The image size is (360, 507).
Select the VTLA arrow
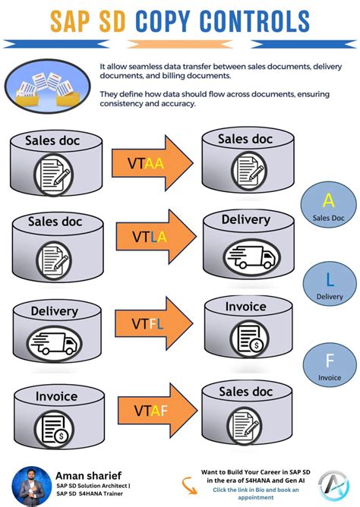[x=155, y=237]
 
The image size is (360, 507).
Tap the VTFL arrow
[x=155, y=323]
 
